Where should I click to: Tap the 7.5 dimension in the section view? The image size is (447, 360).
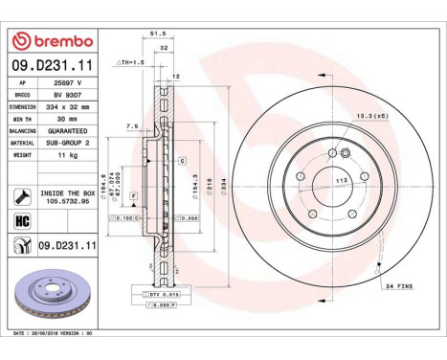coord(132,124)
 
